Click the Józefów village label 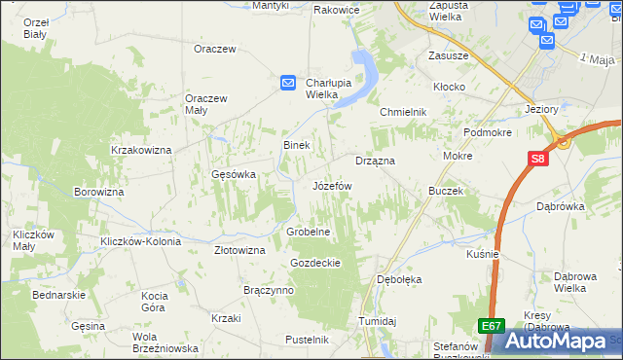click(331, 185)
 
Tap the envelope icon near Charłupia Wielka click(288, 84)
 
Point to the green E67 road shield click(492, 327)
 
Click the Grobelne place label click(310, 233)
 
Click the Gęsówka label click(234, 175)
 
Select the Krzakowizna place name click(141, 150)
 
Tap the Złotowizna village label click(239, 250)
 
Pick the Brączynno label click(269, 290)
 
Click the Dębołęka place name click(399, 279)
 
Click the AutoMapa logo click(563, 340)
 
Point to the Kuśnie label click(483, 254)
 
